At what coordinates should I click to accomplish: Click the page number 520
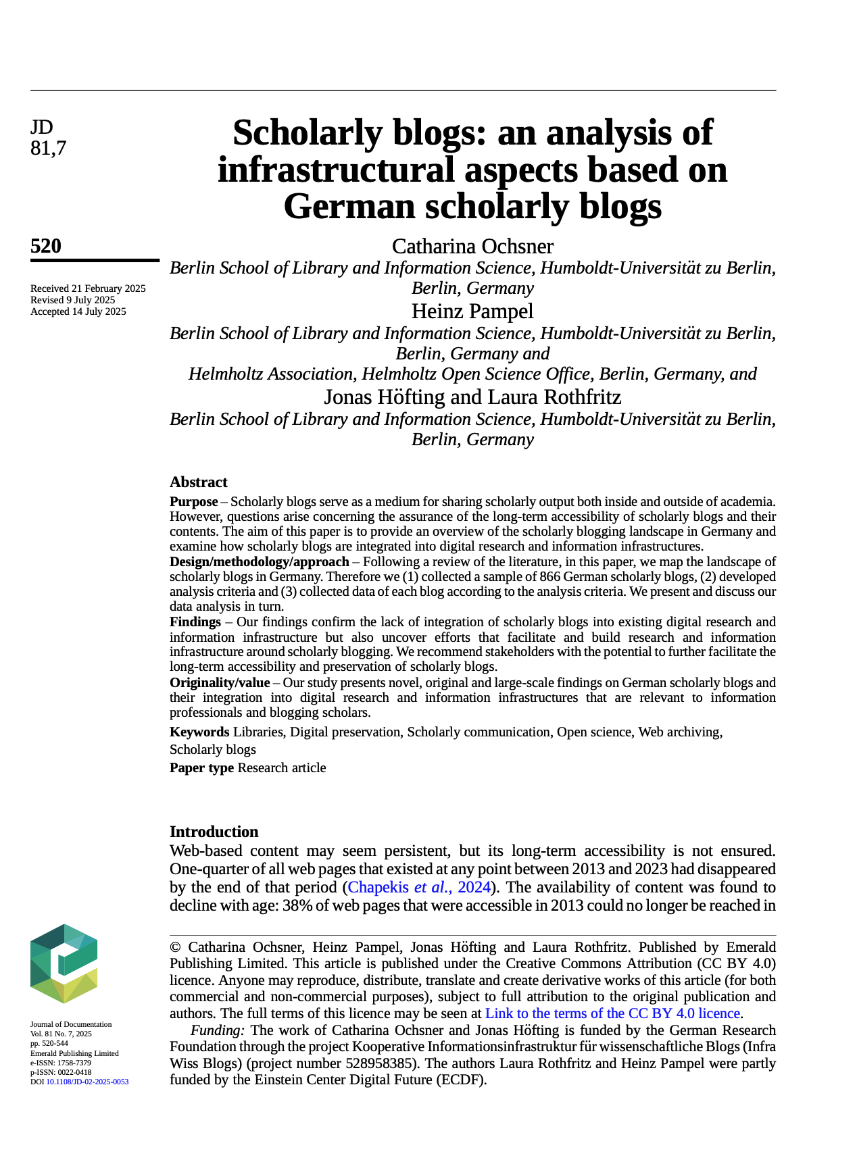pyautogui.click(x=46, y=246)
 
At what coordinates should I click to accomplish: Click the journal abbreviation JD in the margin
pyautogui.click(x=41, y=127)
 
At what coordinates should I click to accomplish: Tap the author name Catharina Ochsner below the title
pyautogui.click(x=472, y=246)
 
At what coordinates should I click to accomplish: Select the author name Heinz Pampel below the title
pyautogui.click(x=472, y=311)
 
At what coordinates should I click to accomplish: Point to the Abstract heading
pyautogui.click(x=198, y=482)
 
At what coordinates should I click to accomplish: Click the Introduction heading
pyautogui.click(x=214, y=832)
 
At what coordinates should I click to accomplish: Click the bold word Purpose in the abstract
pyautogui.click(x=193, y=502)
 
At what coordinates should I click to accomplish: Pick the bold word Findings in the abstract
pyautogui.click(x=195, y=622)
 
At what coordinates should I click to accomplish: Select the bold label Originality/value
pyautogui.click(x=219, y=682)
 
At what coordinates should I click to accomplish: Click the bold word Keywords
pyautogui.click(x=199, y=732)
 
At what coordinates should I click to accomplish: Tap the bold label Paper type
pyautogui.click(x=201, y=767)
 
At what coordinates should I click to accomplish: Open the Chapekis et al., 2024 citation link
pyautogui.click(x=418, y=887)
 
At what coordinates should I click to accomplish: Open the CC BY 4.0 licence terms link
pyautogui.click(x=612, y=1013)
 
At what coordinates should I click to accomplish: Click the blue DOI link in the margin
pyautogui.click(x=87, y=1082)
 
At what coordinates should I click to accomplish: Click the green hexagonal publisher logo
pyautogui.click(x=64, y=963)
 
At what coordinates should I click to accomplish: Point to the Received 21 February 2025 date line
pyautogui.click(x=88, y=288)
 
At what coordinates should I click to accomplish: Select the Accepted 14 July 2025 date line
pyautogui.click(x=78, y=311)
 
